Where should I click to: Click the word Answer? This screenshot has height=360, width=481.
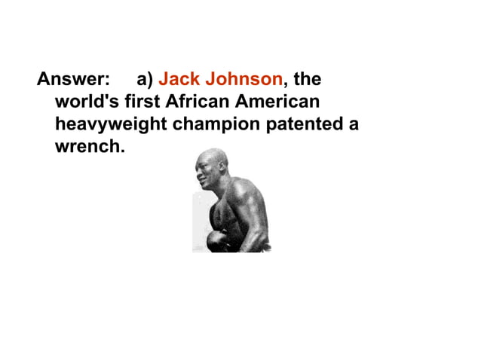[72, 79]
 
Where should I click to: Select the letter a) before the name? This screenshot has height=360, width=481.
[145, 79]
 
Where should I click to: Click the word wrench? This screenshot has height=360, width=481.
[86, 147]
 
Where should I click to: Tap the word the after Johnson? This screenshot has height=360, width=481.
[307, 79]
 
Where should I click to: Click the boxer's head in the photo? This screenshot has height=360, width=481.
[210, 169]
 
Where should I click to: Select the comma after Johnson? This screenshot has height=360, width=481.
[286, 84]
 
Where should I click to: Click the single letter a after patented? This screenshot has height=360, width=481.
[353, 125]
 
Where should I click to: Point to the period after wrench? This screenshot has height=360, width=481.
[121, 151]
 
